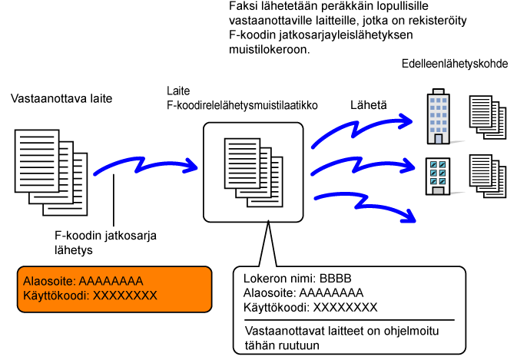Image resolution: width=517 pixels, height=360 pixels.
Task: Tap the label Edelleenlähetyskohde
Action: coord(454,65)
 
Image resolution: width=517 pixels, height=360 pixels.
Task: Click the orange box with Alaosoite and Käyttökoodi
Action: coord(115,288)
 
